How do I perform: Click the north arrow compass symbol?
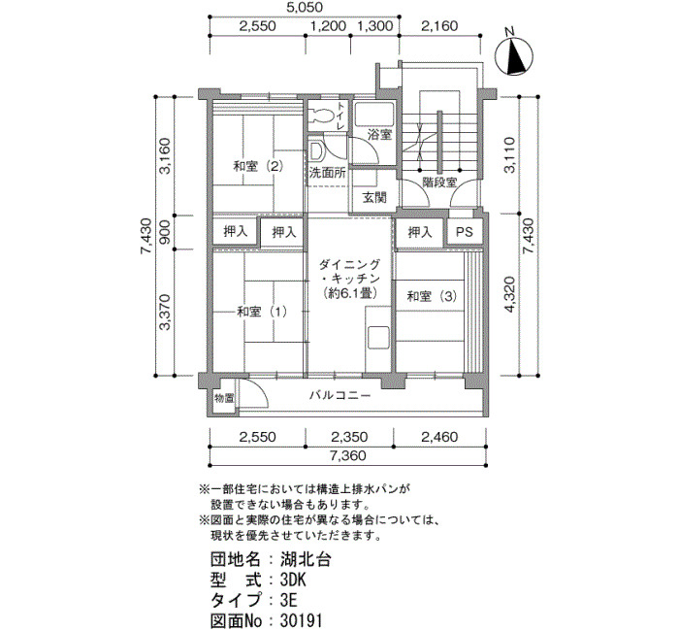point(514,56)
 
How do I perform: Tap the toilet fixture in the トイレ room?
point(320,116)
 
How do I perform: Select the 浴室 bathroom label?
point(380,135)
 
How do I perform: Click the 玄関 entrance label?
point(374,198)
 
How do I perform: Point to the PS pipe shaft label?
point(465,232)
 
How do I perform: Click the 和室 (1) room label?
point(261,312)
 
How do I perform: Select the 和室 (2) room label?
point(258,166)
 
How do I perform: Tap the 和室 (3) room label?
point(433,296)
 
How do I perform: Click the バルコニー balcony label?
point(339,395)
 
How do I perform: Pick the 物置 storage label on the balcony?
point(224,398)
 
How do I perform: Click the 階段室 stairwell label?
point(440,183)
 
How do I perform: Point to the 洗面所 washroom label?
point(328,173)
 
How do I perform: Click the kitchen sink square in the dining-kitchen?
point(378,338)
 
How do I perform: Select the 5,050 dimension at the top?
point(305,8)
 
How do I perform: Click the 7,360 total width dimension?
point(347,455)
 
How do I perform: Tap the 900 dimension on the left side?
point(166,232)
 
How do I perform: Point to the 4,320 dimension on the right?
point(510,295)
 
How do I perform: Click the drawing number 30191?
point(301,620)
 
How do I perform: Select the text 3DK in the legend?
point(294,580)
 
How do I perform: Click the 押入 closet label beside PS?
point(420,232)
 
